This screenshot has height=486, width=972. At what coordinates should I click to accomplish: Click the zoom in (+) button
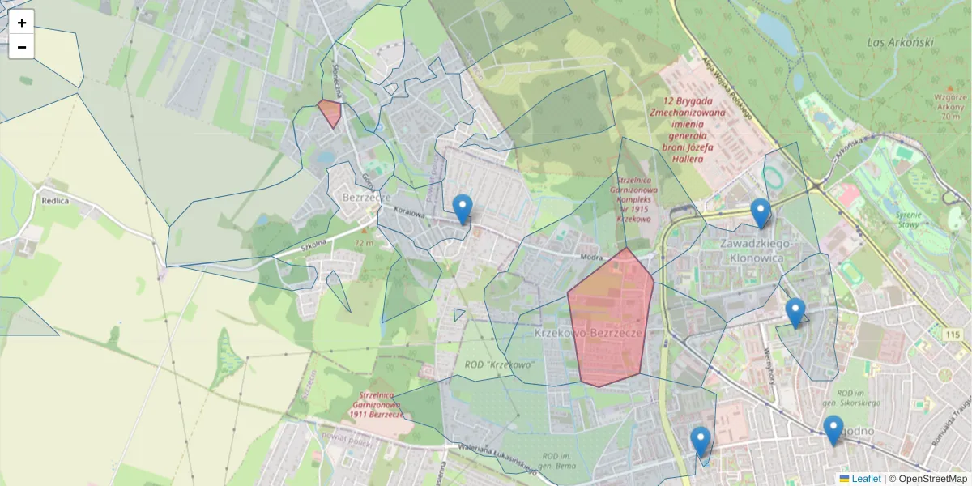click(22, 23)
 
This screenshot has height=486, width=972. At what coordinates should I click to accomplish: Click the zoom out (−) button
click(22, 47)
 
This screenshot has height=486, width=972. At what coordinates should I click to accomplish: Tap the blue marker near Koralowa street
click(463, 208)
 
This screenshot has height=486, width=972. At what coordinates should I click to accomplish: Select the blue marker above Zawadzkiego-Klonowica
click(760, 212)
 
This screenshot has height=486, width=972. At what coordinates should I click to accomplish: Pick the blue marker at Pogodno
click(833, 428)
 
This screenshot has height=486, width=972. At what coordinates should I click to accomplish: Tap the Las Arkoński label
click(900, 42)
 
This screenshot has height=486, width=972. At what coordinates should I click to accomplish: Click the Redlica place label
click(55, 200)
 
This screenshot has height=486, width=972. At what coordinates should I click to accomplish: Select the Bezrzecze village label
click(367, 197)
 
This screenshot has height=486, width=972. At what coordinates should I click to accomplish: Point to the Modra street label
click(592, 257)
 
